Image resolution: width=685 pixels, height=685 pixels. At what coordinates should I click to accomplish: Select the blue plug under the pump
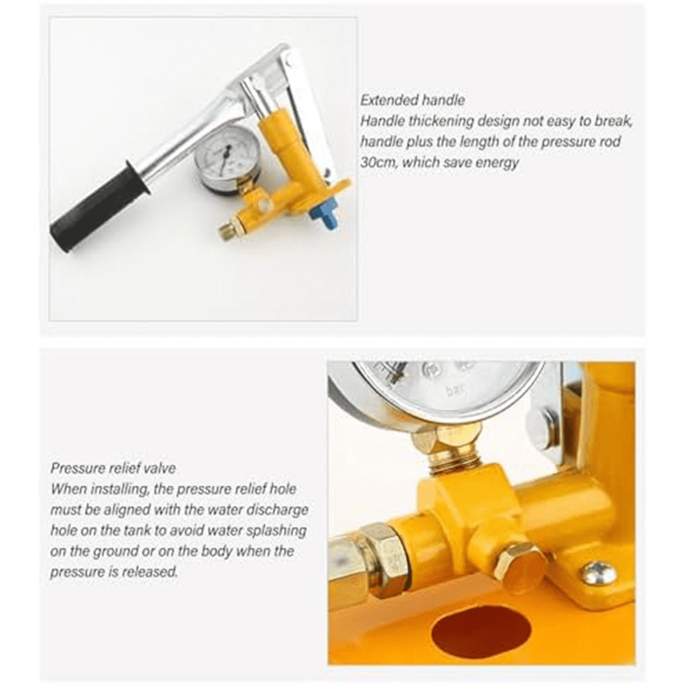(323, 213)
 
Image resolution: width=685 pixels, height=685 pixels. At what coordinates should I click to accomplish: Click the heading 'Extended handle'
(412, 100)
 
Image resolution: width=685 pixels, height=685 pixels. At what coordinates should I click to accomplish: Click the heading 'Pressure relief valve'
(113, 469)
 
